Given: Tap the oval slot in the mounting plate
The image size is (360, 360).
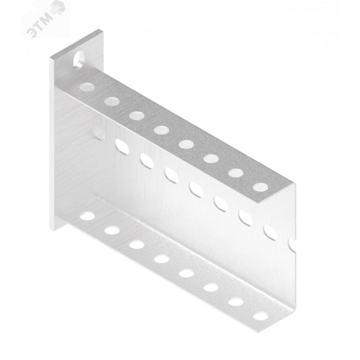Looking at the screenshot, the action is coord(79,60).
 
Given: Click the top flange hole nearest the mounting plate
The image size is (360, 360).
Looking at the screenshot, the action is coord(87,87).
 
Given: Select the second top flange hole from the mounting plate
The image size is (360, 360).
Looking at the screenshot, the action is coord(112,101).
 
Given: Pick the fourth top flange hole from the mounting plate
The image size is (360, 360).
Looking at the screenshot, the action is coord(161,130).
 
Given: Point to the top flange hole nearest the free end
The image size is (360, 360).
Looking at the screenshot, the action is coord(260,187).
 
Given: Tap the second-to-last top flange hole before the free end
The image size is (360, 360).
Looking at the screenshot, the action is coord(236,172).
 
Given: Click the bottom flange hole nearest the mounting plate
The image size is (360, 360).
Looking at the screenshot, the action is coord(87,216).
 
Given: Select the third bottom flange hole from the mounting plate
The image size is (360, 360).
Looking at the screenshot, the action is coord(137,245).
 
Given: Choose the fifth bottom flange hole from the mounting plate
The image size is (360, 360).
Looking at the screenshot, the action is coord(186,273).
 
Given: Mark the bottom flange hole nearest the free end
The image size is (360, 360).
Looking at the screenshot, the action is coord(260,316).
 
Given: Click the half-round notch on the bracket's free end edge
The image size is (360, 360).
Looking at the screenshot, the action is coord(292,245).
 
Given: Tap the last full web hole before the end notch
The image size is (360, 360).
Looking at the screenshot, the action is coord(271,232).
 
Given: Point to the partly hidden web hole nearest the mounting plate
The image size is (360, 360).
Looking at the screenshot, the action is coord(99,133).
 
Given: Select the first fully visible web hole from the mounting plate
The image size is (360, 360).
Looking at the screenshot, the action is coord(122,146).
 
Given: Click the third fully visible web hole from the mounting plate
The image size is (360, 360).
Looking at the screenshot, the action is coord(172,175).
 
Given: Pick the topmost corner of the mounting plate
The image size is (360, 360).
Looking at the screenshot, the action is coord(100,29).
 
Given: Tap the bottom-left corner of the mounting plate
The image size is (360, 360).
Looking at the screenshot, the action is coord(54,231).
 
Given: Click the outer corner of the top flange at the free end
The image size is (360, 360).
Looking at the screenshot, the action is coord(293,183).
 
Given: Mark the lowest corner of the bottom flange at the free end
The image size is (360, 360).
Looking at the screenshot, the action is coord(258,333).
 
